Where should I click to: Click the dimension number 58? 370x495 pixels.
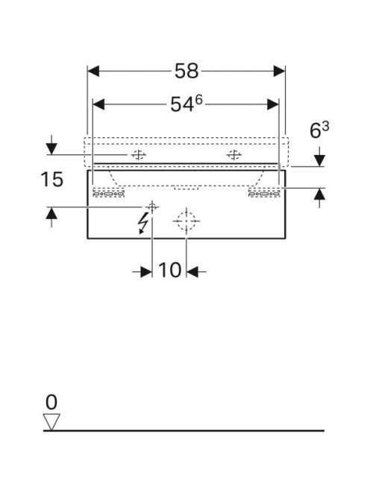click(x=186, y=71)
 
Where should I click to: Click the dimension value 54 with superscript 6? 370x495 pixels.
click(x=186, y=104)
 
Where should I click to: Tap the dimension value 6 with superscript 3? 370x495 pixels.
click(x=319, y=130)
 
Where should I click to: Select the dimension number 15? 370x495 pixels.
click(x=51, y=180)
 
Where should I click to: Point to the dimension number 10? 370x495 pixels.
click(x=169, y=270)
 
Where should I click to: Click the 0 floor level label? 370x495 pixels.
click(x=51, y=403)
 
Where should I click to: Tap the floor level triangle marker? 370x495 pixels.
click(x=51, y=422)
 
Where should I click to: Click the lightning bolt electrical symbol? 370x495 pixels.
click(x=142, y=223)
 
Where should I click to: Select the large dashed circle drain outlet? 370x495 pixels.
click(x=186, y=221)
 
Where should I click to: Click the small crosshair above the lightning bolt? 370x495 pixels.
click(x=152, y=207)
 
